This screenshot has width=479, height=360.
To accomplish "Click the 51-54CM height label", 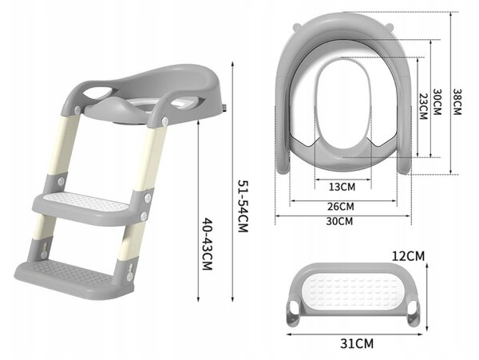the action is point(243,206).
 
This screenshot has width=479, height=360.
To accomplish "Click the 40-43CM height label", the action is point(207,243).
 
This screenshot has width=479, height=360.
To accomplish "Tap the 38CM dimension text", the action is point(457,101).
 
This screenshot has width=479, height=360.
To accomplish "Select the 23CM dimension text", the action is point(423,106).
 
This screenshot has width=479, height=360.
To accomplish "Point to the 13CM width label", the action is point(342,187).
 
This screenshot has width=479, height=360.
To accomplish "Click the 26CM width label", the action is point(341,207).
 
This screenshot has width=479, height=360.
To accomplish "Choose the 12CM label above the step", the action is point(408,256).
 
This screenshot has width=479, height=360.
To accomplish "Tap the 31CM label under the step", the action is point(357,343).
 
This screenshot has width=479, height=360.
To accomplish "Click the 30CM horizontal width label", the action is point(339,221).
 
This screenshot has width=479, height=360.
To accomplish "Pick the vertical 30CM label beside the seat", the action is point(437,101).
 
